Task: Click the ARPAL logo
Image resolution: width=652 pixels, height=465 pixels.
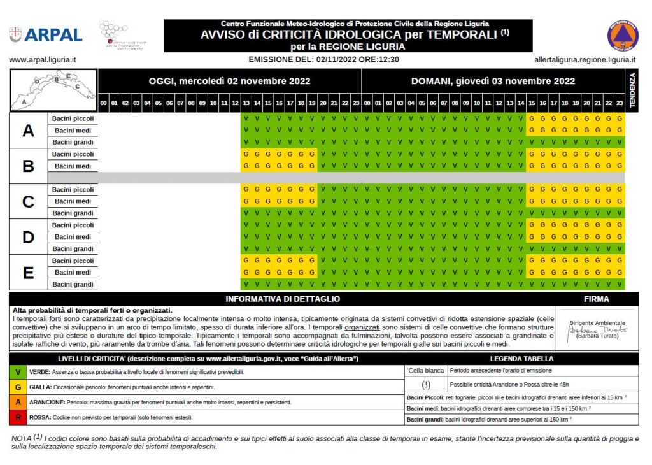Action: click(x=46, y=34)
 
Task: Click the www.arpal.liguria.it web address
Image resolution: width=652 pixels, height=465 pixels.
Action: click(x=43, y=60)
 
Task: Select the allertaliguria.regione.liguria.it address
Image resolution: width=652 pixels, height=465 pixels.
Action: click(x=585, y=60)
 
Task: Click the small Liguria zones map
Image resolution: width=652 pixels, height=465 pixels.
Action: click(x=53, y=89)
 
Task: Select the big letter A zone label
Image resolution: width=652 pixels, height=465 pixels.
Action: click(x=28, y=131)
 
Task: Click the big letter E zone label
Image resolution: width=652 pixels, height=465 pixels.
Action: click(x=28, y=273)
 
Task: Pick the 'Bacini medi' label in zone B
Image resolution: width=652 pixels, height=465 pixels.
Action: click(x=74, y=166)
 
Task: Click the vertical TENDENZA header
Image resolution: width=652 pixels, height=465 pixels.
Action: click(x=632, y=90)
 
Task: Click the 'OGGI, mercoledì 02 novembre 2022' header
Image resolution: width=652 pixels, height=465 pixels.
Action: click(x=229, y=81)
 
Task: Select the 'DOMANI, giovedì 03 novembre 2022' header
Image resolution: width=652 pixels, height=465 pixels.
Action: click(x=493, y=81)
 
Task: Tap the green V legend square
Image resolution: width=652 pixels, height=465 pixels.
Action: click(x=17, y=371)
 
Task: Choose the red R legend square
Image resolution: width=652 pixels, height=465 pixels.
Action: click(x=17, y=418)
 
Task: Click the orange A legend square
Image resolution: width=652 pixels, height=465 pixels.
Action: click(x=17, y=403)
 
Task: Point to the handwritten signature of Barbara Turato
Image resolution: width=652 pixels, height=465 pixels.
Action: click(x=597, y=330)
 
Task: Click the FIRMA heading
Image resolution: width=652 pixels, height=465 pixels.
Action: click(x=596, y=299)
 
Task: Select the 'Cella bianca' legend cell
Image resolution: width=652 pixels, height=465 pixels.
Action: click(x=426, y=370)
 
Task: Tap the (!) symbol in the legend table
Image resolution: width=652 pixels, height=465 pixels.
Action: click(x=426, y=384)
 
